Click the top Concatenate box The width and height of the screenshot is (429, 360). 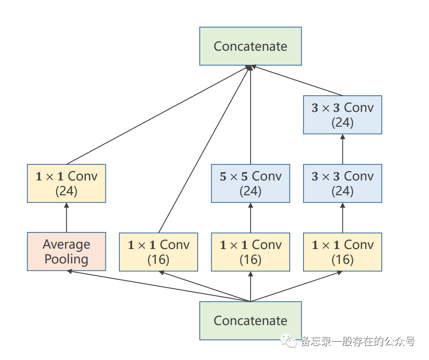(250, 46)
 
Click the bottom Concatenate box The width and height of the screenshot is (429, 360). (250, 321)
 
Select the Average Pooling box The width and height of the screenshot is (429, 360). (66, 252)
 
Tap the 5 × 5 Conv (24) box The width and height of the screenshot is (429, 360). (250, 183)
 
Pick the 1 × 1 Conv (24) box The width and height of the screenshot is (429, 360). (66, 183)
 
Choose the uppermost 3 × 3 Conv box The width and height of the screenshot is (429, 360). (342, 115)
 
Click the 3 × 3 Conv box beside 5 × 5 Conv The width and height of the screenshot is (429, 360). (342, 183)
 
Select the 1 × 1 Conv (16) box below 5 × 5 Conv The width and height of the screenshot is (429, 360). (250, 252)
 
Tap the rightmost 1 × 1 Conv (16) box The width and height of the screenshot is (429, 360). (342, 252)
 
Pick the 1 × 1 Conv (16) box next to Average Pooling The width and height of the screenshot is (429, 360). (158, 252)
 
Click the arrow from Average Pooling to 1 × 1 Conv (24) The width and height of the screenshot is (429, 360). (66, 218)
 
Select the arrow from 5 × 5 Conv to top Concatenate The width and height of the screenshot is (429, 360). (250, 115)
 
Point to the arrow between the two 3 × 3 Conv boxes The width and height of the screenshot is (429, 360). (342, 149)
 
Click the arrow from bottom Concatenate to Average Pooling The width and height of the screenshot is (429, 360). (159, 286)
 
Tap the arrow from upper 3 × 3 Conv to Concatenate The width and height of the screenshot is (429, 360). (296, 80)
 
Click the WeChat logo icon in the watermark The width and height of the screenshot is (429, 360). (288, 341)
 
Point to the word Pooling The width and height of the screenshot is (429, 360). (66, 260)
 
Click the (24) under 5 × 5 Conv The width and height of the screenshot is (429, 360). (250, 191)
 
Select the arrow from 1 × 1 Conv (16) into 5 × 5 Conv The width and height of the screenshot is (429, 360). (250, 218)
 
